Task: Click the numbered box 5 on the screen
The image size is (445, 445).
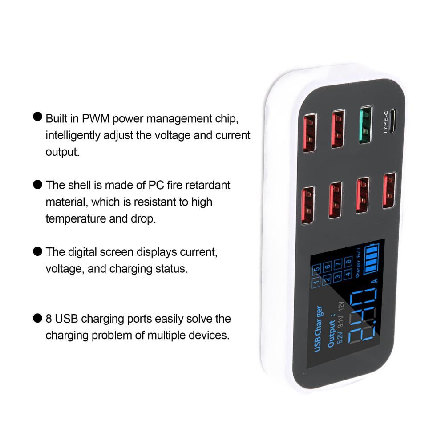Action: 316,269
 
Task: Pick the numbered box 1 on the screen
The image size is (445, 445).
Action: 316,282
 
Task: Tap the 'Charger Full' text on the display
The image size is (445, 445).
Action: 359,265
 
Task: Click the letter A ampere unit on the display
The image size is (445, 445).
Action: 374,281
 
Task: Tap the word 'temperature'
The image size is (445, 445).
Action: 73,219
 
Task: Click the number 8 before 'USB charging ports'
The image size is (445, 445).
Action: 49,319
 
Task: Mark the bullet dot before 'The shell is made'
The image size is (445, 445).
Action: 38,184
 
